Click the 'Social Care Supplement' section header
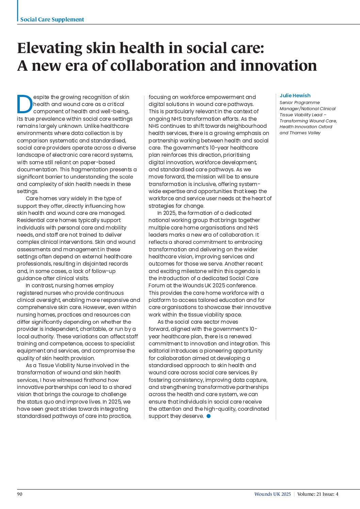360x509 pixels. click(52, 19)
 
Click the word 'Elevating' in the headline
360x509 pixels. click(50, 48)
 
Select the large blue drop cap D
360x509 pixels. click(24, 104)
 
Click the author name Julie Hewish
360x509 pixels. click(295, 96)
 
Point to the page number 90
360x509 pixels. click(20, 494)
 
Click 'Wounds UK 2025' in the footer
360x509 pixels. click(273, 494)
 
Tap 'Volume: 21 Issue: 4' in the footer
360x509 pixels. click(318, 494)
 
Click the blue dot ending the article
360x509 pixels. click(209, 416)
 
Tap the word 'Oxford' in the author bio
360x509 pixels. click(324, 126)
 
